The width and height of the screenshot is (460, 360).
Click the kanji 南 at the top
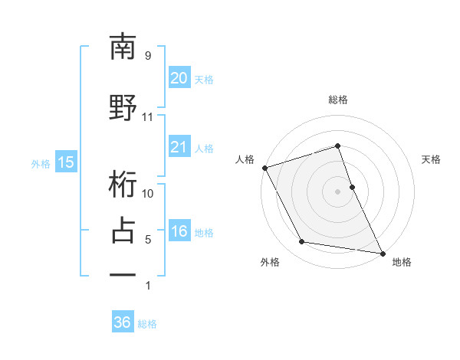coord(123,47)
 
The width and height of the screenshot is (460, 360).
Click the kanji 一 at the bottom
coord(123,273)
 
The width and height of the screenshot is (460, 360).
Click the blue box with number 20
coord(179,78)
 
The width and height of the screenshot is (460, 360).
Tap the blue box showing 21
coord(179,147)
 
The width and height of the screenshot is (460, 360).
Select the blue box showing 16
coord(179,231)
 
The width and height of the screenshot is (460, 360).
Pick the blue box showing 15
coord(65,162)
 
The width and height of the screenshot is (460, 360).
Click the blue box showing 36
coord(122,322)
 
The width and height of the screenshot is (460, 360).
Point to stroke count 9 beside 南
coord(147,56)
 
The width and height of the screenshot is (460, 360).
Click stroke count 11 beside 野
coord(147,117)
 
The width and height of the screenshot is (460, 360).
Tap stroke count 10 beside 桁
coord(147,193)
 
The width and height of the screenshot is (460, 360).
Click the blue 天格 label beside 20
coord(204,79)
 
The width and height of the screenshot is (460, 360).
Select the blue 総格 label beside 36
coord(147,324)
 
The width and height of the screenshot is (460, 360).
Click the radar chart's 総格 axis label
coord(337,100)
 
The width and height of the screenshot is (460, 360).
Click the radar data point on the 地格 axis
coord(382,252)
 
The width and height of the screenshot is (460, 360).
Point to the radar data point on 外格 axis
coord(302,243)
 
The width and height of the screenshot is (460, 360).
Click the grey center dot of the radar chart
coord(337,191)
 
